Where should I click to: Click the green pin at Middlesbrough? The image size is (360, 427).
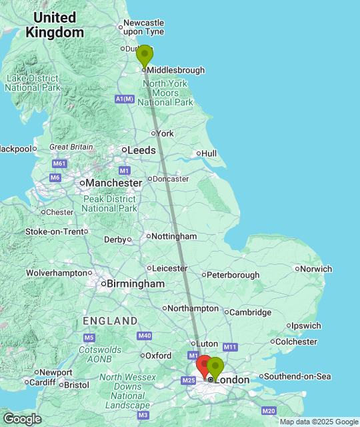[145, 55]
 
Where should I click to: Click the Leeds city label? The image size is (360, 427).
[141, 150]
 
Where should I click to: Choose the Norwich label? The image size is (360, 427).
[315, 269]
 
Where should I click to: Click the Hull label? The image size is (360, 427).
[209, 153]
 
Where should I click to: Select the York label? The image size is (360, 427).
[165, 133]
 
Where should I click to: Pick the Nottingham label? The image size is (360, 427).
[174, 236]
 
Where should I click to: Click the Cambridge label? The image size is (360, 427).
[251, 312]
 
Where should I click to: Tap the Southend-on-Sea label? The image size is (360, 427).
[298, 376]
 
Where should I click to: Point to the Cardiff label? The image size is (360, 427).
[41, 382]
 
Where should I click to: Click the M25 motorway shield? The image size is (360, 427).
[187, 380]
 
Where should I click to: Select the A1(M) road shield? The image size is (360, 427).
[124, 99]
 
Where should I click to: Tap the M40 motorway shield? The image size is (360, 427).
[145, 336]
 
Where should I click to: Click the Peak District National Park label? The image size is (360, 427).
[109, 203]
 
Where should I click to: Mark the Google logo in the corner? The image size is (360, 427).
[22, 418]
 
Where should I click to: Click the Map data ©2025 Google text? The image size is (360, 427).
[319, 422]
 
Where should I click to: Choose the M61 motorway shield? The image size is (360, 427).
[59, 163]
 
